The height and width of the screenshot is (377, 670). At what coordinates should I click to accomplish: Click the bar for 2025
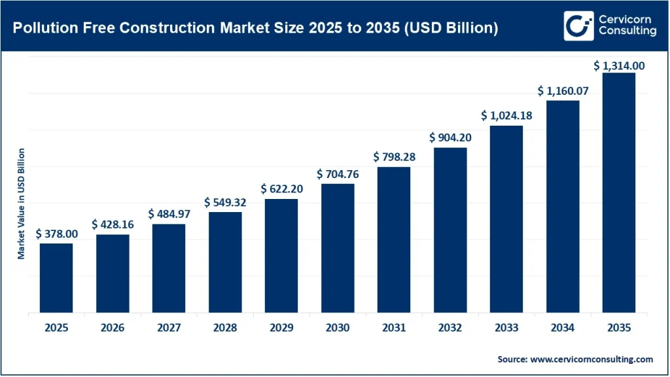click(56, 278)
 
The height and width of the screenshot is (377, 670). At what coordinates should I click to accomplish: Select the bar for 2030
click(338, 248)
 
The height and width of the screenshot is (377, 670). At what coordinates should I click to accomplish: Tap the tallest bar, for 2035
click(619, 192)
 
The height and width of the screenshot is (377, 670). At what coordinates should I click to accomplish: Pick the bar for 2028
click(225, 262)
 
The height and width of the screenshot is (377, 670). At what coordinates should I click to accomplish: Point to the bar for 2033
click(506, 219)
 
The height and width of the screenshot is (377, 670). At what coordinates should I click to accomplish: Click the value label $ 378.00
click(56, 233)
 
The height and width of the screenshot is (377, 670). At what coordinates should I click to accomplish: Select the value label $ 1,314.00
click(619, 65)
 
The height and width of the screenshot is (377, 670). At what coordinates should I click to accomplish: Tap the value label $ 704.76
click(338, 174)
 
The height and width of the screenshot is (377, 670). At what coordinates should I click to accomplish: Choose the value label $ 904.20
click(450, 138)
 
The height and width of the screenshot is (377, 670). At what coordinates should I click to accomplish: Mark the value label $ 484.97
click(169, 214)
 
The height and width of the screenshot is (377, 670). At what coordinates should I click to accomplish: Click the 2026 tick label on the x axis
click(113, 327)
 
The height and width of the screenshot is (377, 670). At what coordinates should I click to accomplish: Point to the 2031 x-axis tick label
click(394, 327)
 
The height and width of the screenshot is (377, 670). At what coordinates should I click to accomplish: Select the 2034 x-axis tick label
click(563, 327)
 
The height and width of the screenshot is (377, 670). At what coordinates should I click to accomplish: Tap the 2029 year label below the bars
click(281, 327)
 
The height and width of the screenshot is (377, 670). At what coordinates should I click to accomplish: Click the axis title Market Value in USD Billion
click(22, 204)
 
